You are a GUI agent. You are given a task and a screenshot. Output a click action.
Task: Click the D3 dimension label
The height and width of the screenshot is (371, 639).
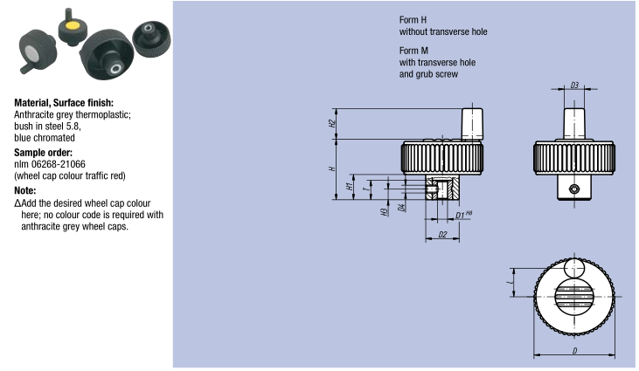click(573, 86)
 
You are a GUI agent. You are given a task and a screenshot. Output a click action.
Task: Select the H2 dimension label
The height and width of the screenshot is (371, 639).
click(333, 123)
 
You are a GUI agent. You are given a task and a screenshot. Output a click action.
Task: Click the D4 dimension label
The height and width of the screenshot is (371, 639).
click(400, 207)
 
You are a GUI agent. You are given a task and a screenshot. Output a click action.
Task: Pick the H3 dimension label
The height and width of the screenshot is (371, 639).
click(385, 210)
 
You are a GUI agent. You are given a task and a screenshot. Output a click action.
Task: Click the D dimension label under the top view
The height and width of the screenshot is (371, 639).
click(573, 350)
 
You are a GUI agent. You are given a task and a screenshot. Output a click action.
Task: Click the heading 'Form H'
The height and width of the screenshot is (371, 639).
click(413, 19)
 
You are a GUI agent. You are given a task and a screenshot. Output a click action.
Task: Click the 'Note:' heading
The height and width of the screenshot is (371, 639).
click(25, 189)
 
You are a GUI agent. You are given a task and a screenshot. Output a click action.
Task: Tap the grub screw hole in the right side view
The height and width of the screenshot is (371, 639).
click(573, 189)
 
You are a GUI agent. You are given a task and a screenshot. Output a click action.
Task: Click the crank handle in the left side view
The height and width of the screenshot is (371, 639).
click(472, 122)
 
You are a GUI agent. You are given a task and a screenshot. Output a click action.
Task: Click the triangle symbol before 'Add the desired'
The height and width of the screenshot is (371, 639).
click(17, 203)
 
